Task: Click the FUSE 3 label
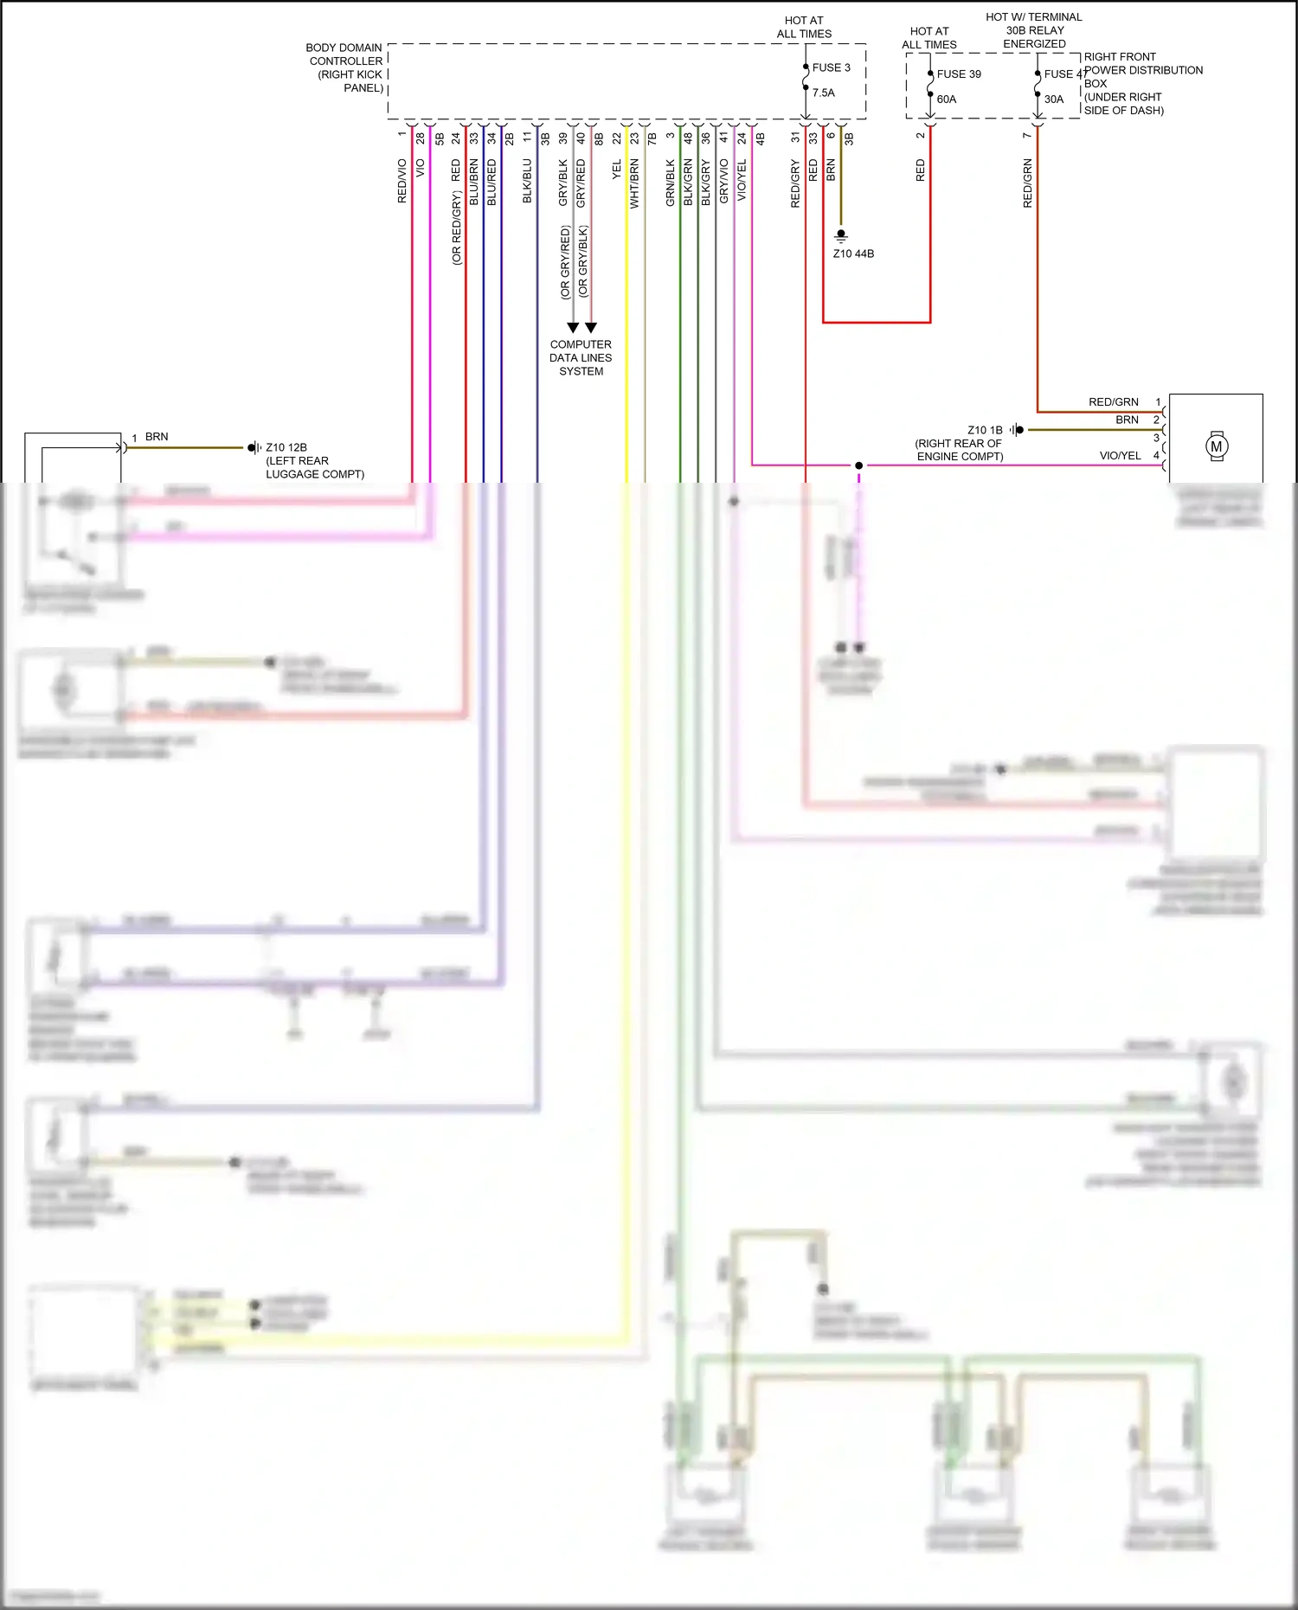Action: [831, 67]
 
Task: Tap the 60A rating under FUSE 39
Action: [947, 99]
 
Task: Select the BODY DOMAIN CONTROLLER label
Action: [345, 67]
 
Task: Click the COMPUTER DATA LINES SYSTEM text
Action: [581, 357]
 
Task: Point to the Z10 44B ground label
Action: [853, 253]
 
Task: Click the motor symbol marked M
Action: [1217, 446]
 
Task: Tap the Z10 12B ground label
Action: [286, 447]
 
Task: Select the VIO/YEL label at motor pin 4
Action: [1120, 456]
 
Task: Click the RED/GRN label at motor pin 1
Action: [1114, 402]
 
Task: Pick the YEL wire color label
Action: [617, 170]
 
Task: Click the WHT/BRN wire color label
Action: [634, 183]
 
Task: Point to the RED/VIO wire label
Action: [402, 182]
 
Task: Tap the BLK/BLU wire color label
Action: [527, 182]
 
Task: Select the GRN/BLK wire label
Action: [671, 183]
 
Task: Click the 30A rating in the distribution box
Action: [1053, 99]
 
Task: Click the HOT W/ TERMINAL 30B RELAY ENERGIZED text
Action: [1034, 30]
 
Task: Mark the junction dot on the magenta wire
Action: [858, 465]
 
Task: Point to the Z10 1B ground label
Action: [985, 430]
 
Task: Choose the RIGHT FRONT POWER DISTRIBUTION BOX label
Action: [1142, 83]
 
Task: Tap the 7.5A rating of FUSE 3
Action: [824, 93]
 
